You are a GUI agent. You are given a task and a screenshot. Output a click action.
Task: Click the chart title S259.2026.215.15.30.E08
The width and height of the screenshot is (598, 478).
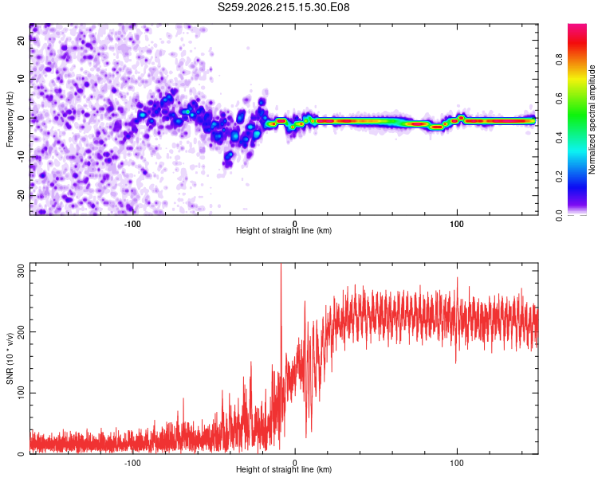click(x=283, y=7)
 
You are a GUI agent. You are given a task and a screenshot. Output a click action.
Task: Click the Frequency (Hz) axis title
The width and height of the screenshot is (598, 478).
click(x=10, y=119)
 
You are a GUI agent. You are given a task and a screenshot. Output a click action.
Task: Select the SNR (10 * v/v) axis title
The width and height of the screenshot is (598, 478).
click(x=10, y=358)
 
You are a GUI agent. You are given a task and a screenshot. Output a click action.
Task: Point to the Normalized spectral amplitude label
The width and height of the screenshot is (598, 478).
click(x=592, y=119)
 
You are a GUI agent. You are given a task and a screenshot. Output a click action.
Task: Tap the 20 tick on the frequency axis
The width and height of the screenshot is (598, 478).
click(x=21, y=41)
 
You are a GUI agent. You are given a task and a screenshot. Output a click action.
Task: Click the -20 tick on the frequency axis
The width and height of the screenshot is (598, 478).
click(x=21, y=195)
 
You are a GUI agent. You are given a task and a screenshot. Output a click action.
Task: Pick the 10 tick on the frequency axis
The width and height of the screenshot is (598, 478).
click(x=21, y=80)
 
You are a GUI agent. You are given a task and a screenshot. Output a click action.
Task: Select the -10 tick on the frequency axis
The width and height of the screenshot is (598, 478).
click(x=21, y=157)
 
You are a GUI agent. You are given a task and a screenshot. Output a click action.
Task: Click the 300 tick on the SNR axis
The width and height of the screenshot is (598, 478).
click(x=21, y=271)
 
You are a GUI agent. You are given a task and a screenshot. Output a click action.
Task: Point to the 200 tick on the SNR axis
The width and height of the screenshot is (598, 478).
click(x=21, y=331)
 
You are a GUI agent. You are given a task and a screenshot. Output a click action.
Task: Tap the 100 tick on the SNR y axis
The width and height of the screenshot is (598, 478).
click(x=21, y=393)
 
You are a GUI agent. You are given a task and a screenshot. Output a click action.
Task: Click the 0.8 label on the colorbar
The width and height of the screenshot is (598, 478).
click(x=559, y=60)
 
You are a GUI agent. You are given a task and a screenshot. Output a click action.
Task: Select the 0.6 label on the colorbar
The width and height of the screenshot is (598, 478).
click(x=559, y=99)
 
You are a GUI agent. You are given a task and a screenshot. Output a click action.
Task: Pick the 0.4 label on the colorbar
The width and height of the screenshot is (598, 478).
click(x=559, y=138)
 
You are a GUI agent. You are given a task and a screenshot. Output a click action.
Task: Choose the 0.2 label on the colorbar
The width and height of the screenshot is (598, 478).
click(x=559, y=177)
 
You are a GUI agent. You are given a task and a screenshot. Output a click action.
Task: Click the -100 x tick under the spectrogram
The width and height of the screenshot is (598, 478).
click(x=132, y=224)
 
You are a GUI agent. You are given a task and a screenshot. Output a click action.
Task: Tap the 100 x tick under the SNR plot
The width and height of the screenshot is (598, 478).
click(x=457, y=463)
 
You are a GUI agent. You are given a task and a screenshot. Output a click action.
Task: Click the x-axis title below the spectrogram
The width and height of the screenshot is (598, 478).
click(x=284, y=230)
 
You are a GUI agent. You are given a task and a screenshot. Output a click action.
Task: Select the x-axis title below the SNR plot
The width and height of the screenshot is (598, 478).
click(x=284, y=469)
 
